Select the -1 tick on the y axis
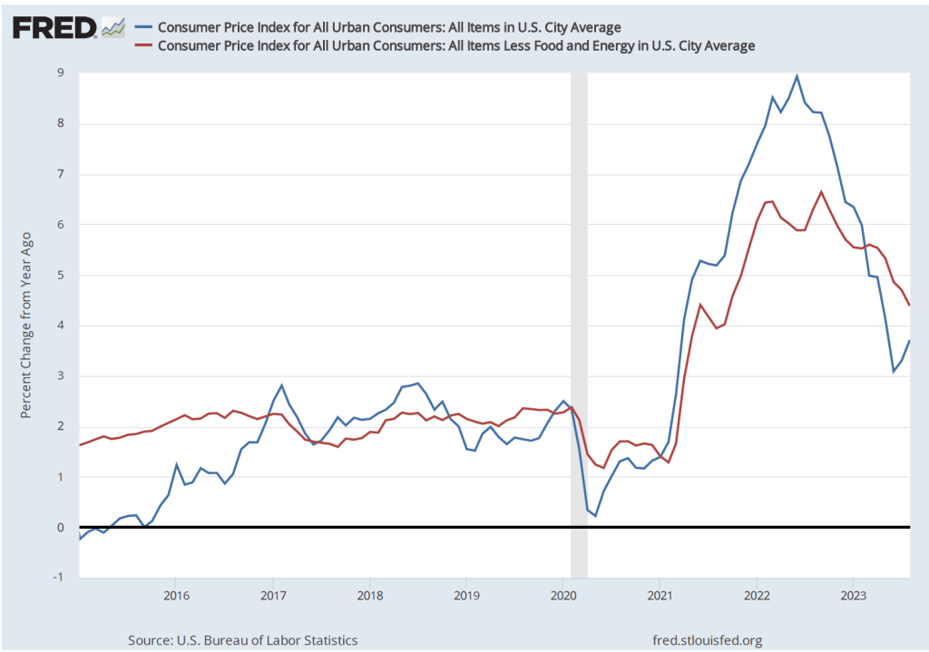pos(58,578)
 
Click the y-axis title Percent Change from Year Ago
pos(27,325)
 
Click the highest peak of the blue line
pos(797,76)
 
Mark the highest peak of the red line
pos(821,192)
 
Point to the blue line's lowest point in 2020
pos(595,515)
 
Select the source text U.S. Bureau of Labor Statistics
pos(242,640)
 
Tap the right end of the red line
pos(910,306)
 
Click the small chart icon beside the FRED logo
pos(113,28)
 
